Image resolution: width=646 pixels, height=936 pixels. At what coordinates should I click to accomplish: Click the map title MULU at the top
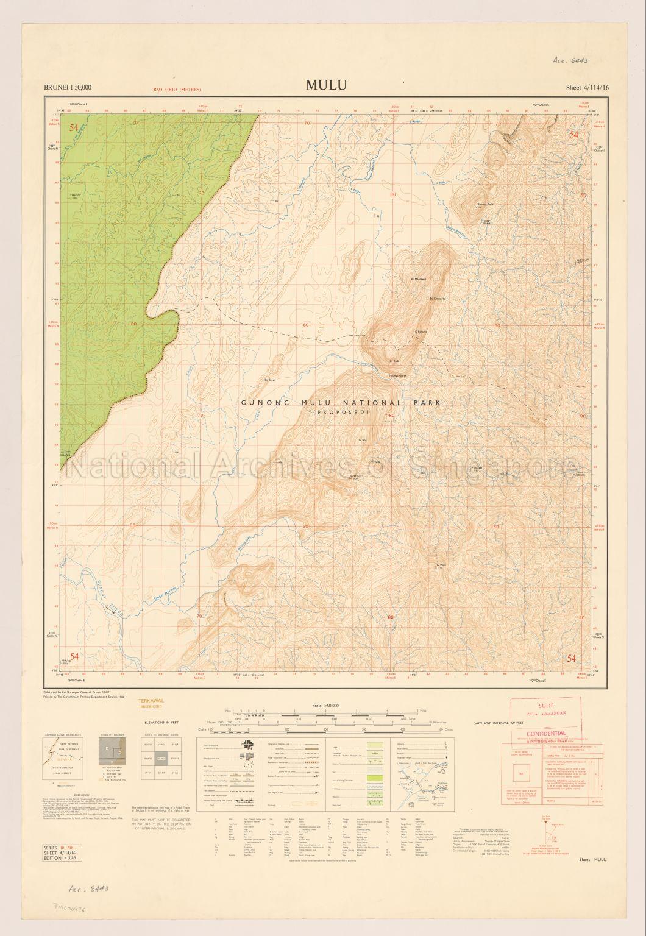tap(327, 85)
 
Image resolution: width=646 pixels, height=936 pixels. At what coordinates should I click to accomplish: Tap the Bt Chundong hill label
tap(438, 299)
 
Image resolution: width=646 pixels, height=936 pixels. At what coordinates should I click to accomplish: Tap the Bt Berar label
tap(269, 380)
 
